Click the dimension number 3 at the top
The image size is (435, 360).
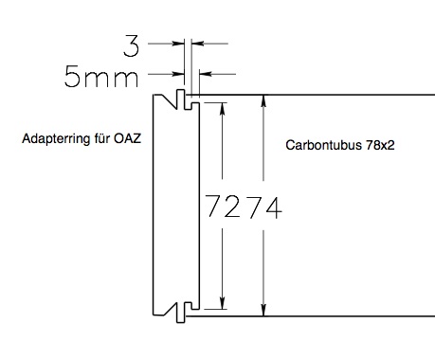(131, 46)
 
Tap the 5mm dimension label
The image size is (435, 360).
(101, 76)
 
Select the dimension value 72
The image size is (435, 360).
(224, 207)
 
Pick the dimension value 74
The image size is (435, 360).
(264, 207)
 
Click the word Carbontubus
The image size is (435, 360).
(323, 145)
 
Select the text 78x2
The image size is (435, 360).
(380, 145)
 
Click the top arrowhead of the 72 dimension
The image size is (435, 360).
(223, 107)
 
